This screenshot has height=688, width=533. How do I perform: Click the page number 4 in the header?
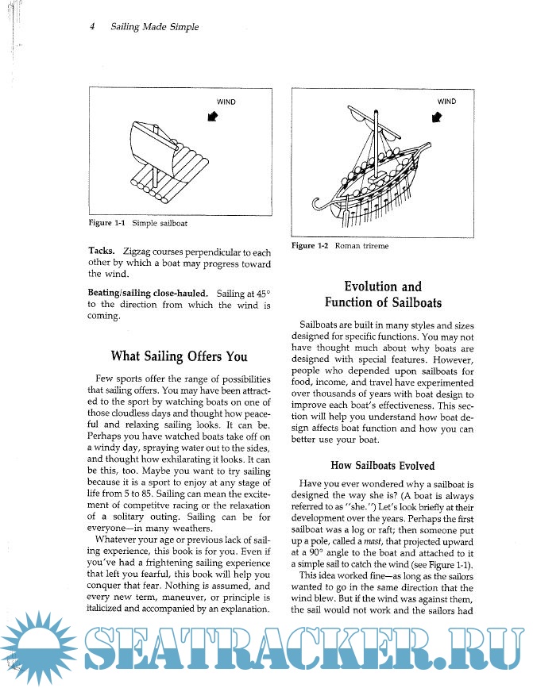click(x=93, y=27)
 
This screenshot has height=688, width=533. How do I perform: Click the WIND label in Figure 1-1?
click(x=226, y=102)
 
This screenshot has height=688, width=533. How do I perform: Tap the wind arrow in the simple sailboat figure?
click(x=213, y=117)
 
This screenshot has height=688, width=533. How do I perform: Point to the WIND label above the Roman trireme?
click(x=447, y=102)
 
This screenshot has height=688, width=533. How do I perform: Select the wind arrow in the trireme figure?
click(x=435, y=117)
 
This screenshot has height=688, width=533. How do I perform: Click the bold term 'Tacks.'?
click(x=103, y=251)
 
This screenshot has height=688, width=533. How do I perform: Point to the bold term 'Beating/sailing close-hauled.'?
click(x=148, y=292)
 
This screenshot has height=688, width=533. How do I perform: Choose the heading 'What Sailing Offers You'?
click(x=179, y=356)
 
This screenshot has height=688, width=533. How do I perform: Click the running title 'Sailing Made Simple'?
click(x=155, y=27)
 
